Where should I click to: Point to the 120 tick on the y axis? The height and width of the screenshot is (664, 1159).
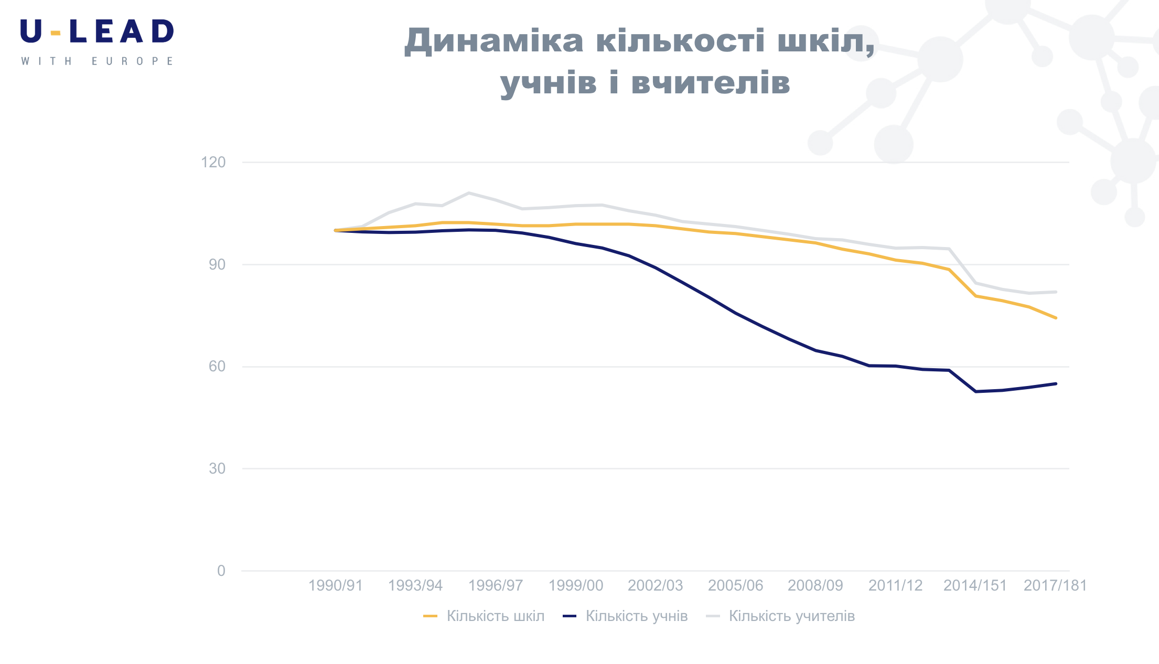[213, 162]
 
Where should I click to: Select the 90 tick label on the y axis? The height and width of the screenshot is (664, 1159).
[217, 264]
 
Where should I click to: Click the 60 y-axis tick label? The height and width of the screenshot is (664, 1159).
[217, 366]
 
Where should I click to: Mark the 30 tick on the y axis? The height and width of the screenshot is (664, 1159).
[217, 468]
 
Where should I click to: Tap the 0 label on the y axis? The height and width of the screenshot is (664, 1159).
[221, 571]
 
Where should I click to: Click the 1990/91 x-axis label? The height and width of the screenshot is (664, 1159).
[336, 585]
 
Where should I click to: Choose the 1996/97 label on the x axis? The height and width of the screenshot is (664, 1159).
[496, 585]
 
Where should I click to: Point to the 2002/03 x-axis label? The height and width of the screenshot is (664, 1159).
[656, 585]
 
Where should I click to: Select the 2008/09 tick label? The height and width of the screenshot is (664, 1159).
[815, 585]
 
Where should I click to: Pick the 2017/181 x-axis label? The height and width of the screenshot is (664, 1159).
[1055, 585]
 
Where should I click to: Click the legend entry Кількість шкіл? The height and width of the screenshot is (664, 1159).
[495, 616]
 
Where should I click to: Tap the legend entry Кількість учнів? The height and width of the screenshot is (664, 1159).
[636, 616]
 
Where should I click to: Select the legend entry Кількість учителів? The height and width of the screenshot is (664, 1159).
[791, 616]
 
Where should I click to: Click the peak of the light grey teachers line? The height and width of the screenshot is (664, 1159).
[469, 193]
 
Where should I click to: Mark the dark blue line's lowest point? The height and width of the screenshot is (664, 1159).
[975, 391]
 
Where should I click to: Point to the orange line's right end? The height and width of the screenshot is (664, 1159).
[1056, 318]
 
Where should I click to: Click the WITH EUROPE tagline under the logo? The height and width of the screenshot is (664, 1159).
[97, 61]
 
